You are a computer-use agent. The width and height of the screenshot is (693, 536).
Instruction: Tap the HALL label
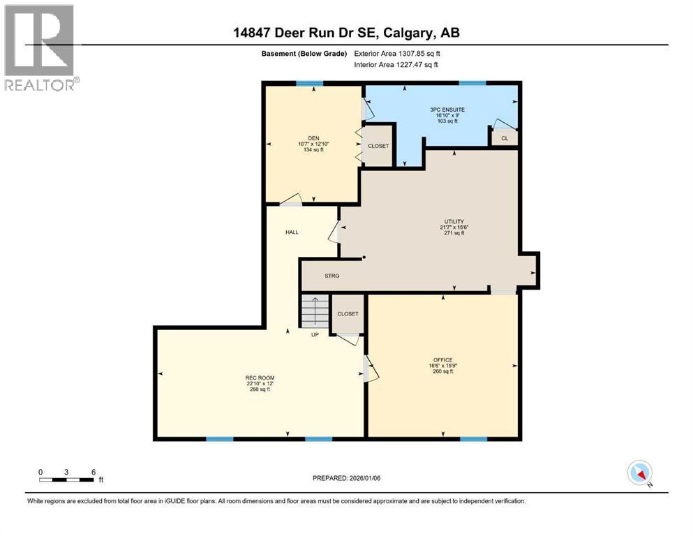[x=292, y=232]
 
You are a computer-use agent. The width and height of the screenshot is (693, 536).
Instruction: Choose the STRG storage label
[x=332, y=276]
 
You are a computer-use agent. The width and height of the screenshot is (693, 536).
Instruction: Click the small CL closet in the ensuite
[x=504, y=138]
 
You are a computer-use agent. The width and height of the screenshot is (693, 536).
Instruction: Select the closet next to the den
[x=378, y=146]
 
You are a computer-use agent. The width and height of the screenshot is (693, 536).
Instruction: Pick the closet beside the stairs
[x=348, y=313]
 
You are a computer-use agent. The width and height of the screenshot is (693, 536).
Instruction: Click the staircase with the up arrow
[x=315, y=311]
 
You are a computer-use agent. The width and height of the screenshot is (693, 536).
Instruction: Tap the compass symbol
[x=639, y=473]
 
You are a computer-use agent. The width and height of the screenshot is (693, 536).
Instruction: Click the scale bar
[x=67, y=479]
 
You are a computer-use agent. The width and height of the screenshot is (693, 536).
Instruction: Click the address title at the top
[x=345, y=33]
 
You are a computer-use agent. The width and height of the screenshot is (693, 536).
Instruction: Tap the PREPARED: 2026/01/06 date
[x=347, y=478]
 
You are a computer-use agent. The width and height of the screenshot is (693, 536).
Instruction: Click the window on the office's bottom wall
[x=472, y=439]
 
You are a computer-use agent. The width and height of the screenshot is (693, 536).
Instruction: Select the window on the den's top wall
[x=308, y=84]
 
